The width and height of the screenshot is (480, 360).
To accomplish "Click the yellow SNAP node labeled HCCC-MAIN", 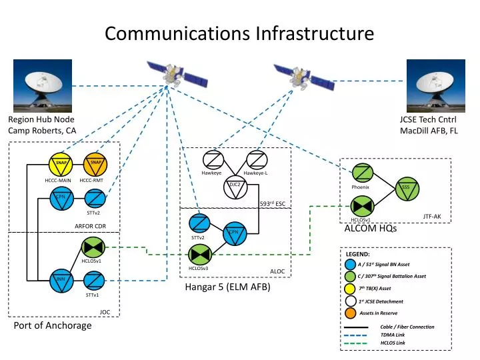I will click(61, 164).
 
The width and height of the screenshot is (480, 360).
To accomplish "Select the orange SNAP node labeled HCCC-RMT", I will click(95, 164).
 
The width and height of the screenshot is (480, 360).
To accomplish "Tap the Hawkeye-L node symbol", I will click(255, 160).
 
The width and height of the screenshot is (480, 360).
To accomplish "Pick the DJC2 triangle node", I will click(235, 190).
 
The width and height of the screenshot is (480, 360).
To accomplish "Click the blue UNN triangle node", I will click(61, 281).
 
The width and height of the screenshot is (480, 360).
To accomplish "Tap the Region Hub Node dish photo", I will click(39, 85).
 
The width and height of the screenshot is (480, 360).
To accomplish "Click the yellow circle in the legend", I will click(351, 289).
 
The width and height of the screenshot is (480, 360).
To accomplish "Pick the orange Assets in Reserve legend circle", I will click(351, 313).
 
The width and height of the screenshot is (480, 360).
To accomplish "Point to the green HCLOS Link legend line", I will click(356, 343).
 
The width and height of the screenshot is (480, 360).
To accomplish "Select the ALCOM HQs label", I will click(370, 229).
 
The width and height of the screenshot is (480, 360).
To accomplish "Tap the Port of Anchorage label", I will click(53, 326).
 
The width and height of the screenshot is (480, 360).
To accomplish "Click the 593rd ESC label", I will click(272, 203).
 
